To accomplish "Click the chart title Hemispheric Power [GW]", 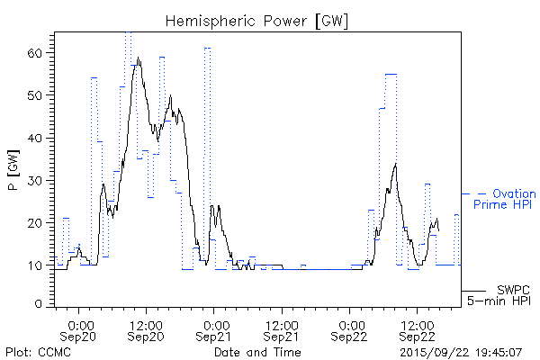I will (x=256, y=21).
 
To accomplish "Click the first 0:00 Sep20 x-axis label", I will (x=81, y=329).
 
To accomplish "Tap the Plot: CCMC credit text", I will (x=38, y=351).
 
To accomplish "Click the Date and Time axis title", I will (x=256, y=351).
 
